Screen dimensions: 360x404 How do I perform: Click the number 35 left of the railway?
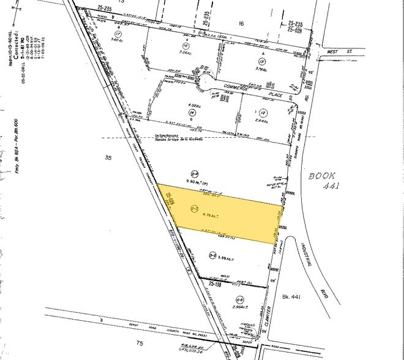109,158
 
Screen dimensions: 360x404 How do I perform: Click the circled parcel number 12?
263,112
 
